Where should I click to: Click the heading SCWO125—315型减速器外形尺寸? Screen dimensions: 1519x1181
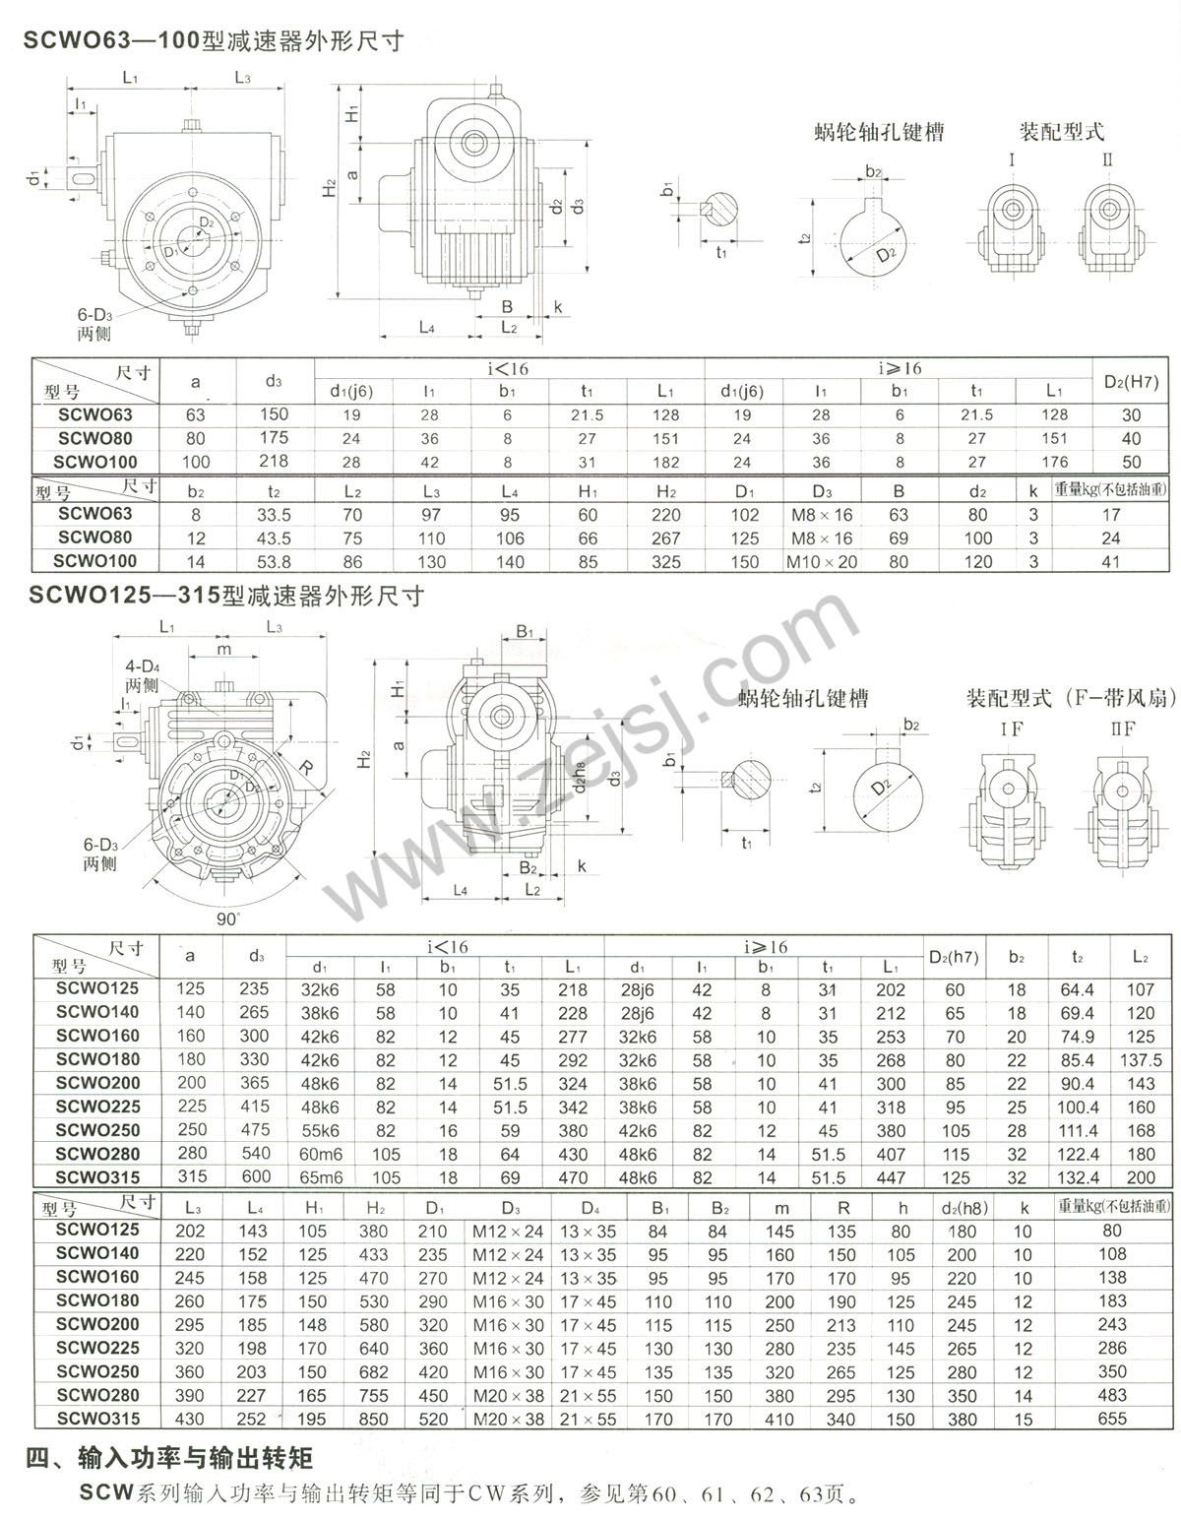click(226, 597)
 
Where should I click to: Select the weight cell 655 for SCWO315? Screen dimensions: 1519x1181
click(1111, 1419)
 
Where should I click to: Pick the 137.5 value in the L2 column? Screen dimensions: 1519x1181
click(1141, 1060)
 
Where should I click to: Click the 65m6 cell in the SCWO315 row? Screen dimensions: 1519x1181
click(321, 1178)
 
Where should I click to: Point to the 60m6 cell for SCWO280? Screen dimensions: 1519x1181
click(321, 1155)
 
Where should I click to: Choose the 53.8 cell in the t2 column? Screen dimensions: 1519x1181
click(274, 561)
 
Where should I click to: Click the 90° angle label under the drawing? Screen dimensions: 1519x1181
click(228, 918)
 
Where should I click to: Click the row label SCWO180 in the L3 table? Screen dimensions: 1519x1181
click(97, 1300)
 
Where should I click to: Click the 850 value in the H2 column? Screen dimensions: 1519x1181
click(376, 1419)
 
